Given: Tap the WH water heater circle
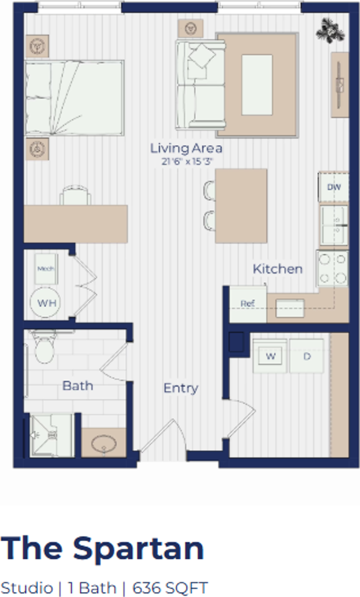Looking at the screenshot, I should coord(45,303).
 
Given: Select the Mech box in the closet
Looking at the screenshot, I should coord(45,269).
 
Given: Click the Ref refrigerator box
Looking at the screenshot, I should coord(247,303).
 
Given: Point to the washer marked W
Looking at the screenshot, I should coord(270,356).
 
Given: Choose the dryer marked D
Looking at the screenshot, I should coord(307,356).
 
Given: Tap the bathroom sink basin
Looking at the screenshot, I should coord(103,444).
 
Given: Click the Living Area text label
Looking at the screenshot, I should coord(186,149).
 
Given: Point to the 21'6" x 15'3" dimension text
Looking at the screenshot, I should coord(186,162).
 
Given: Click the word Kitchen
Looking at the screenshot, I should coord(277,269).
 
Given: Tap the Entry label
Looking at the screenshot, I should coord(180,388).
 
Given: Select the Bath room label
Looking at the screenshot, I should coord(78,386).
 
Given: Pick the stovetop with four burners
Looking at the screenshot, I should coord(333,269).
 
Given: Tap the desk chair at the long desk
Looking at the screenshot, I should coord(75,195).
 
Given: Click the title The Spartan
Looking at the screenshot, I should coord(103,548).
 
